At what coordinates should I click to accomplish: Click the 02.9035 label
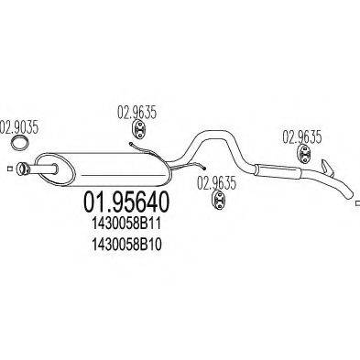pyautogui.click(x=19, y=127)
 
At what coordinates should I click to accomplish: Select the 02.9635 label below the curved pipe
pyautogui.click(x=217, y=181)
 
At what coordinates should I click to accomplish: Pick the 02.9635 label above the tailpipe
pyautogui.click(x=301, y=137)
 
